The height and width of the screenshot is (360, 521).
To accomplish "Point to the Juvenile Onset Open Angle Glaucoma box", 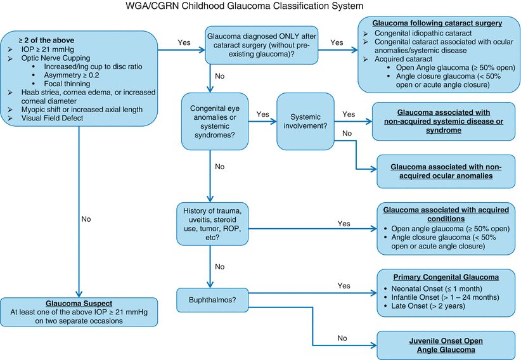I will coord(442,344).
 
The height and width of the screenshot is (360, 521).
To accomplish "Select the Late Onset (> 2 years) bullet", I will coord(427,306).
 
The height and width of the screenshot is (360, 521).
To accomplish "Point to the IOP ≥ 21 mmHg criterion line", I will coord(49,48).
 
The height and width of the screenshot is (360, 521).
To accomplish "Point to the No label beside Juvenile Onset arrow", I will coord(342,338).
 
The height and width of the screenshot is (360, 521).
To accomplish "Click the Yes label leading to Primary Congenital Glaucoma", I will coord(342,286).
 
